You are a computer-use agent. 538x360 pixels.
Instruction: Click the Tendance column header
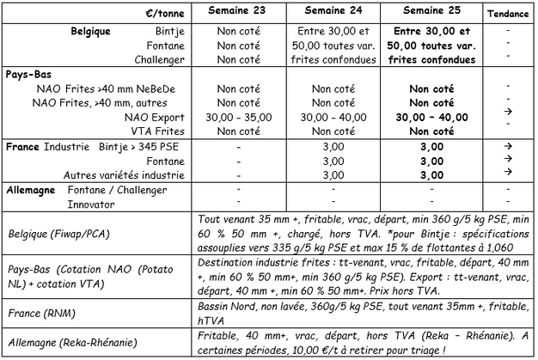point(509,14)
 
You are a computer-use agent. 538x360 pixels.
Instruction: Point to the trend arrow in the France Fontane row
point(509,161)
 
